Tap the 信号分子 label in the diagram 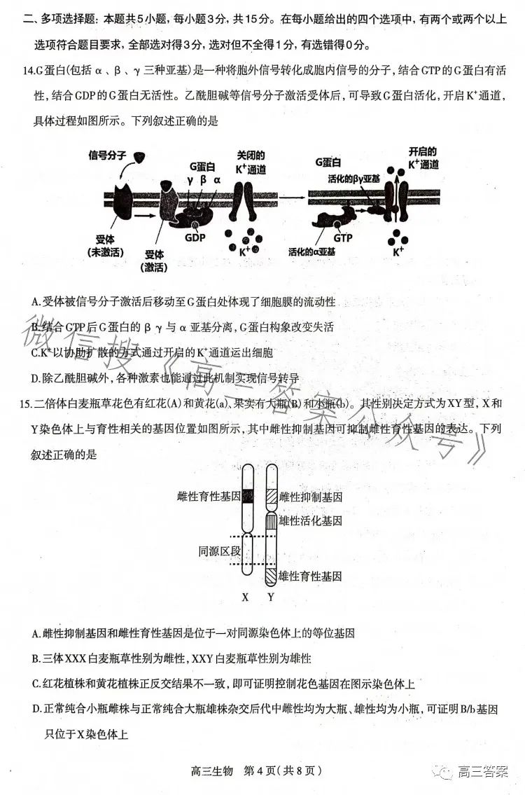point(108,154)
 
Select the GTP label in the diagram point(343,237)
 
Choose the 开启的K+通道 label point(423,158)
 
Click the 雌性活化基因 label point(310,521)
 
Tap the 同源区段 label point(219,551)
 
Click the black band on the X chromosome point(247,495)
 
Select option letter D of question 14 point(36,378)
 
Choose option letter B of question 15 point(36,658)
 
